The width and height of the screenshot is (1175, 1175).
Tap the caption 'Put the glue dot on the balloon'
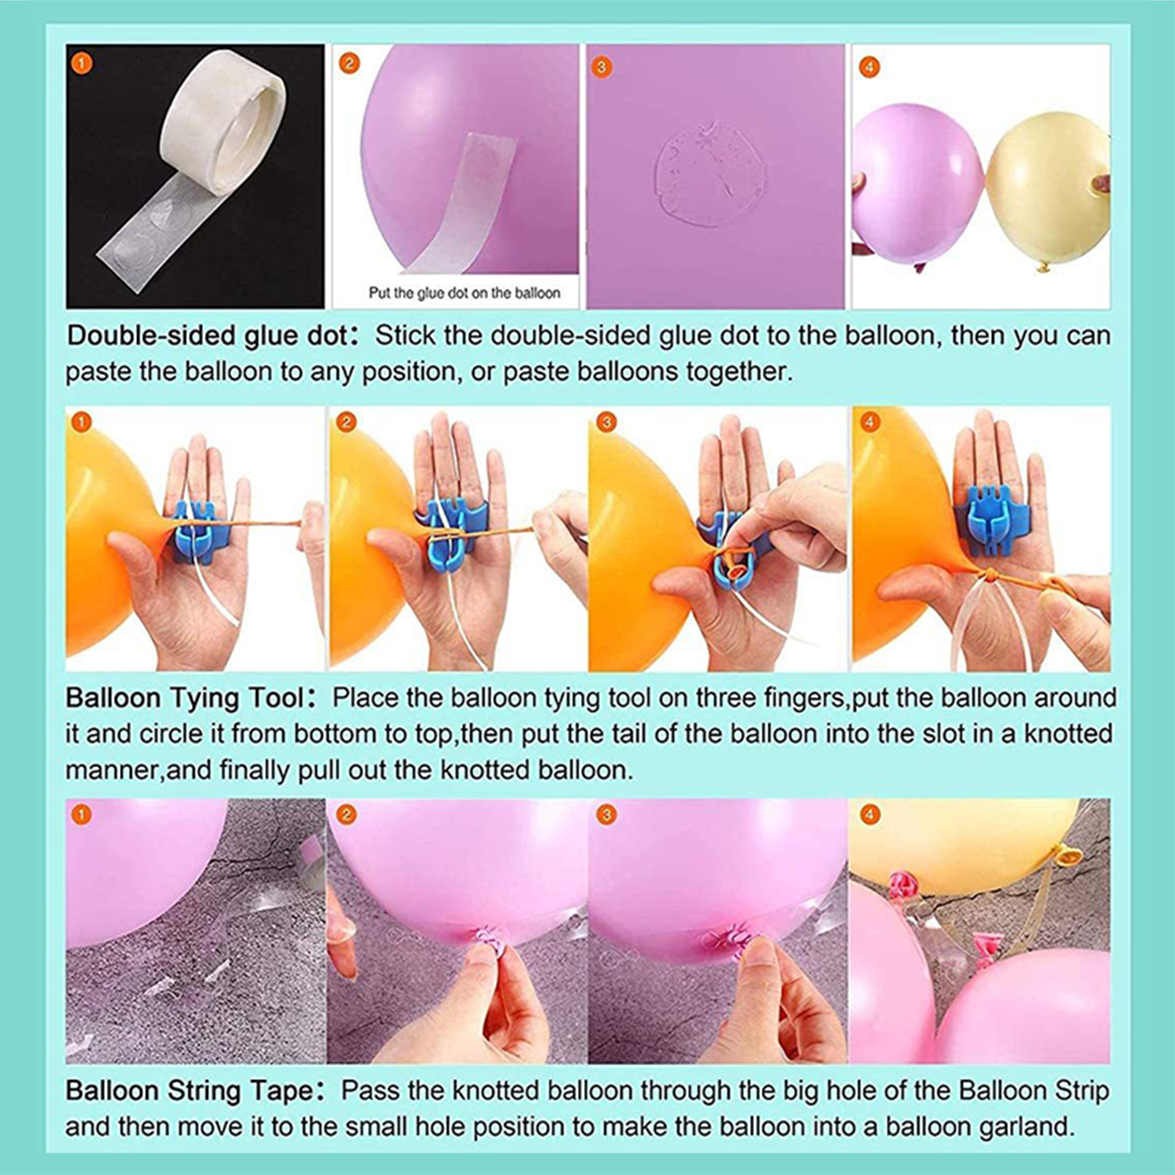pyautogui.click(x=464, y=293)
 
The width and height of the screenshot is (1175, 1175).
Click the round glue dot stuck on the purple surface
pyautogui.click(x=709, y=174)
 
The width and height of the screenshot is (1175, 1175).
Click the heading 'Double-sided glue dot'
pyautogui.click(x=206, y=336)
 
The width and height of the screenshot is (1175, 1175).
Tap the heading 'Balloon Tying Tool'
pyautogui.click(x=184, y=698)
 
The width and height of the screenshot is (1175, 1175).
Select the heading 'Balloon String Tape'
pyautogui.click(x=189, y=1090)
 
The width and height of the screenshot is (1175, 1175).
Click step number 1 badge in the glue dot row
pyautogui.click(x=82, y=64)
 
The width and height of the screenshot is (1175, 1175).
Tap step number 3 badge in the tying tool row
pyautogui.click(x=606, y=422)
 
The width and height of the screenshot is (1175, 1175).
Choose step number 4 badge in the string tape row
pyautogui.click(x=869, y=814)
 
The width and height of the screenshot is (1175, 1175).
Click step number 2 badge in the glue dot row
pyautogui.click(x=349, y=63)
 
